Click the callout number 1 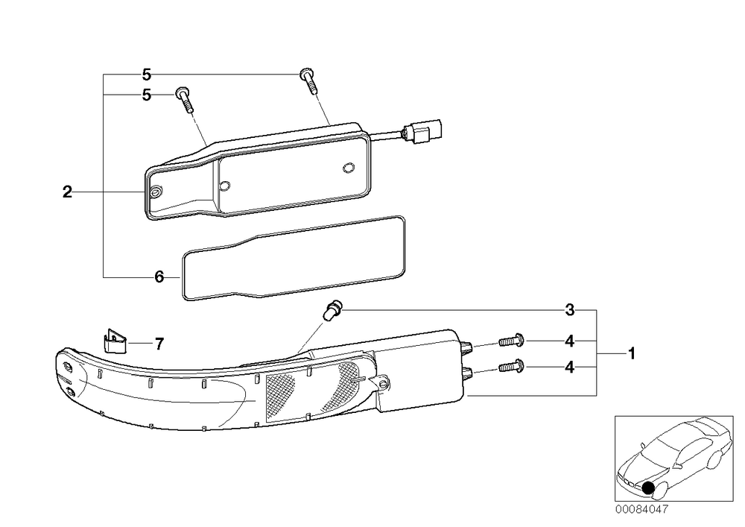[632, 354]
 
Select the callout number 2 [68, 192]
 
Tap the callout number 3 [570, 310]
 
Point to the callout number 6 [159, 277]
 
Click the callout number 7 [159, 343]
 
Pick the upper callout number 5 [146, 75]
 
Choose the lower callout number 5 [146, 95]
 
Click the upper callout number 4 [570, 341]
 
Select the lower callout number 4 [570, 367]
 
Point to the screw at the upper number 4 [511, 341]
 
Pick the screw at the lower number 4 [511, 367]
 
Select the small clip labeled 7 [115, 341]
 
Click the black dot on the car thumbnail [648, 487]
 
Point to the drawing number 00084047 [641, 509]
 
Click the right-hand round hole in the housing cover [348, 167]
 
